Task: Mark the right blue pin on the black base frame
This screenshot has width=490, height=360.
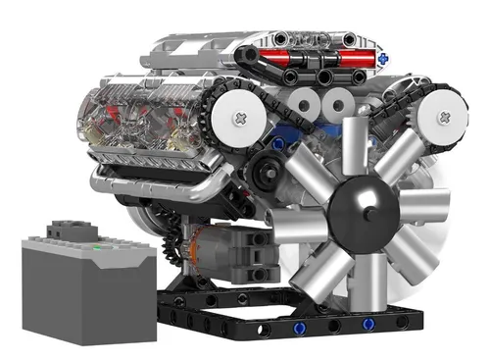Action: tap(368, 322)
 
